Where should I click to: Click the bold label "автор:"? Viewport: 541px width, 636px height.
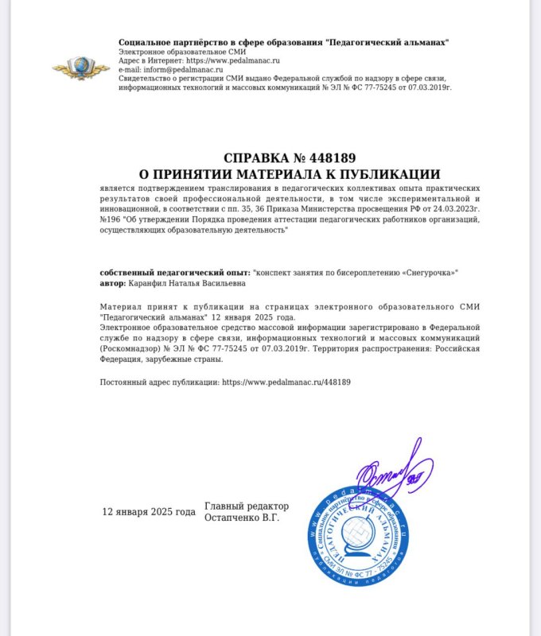tap(113, 282)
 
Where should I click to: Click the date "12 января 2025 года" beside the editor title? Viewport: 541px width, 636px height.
tap(149, 511)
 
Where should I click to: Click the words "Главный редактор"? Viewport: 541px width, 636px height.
tap(247, 506)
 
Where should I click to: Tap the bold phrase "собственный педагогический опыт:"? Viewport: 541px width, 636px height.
tap(174, 272)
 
